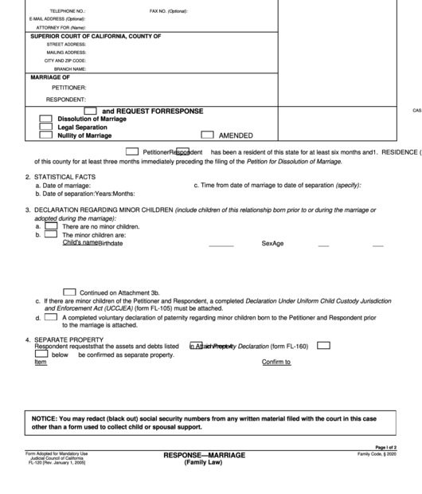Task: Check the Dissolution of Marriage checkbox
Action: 46,119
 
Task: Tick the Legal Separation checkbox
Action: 46,127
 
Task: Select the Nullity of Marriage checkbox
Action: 46,136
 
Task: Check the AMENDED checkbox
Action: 208,135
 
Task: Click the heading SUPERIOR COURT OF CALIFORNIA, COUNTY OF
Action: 96,37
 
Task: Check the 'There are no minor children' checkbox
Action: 50,226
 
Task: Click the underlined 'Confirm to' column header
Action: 276,363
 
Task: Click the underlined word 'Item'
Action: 41,363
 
